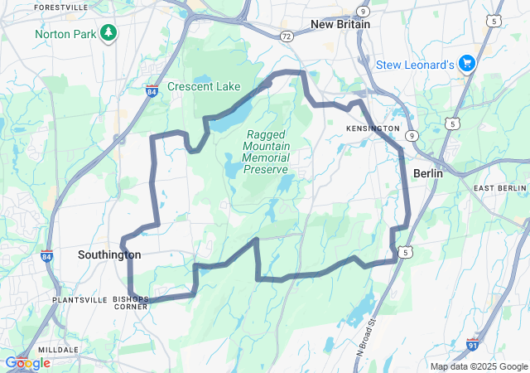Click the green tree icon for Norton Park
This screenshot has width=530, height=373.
tap(108, 33)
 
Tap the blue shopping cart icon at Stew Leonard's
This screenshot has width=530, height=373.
tap(466, 64)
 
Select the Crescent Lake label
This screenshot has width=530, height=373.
tap(204, 86)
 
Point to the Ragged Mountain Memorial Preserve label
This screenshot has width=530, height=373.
tap(266, 152)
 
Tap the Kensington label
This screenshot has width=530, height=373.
tap(373, 129)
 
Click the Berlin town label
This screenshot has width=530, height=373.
tap(429, 174)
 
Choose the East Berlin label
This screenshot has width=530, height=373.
tap(500, 189)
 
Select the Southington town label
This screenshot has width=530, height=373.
tap(109, 254)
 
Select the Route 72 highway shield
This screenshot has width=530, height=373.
tap(286, 37)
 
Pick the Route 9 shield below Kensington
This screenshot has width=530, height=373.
tap(412, 134)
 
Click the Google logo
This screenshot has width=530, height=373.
tap(27, 362)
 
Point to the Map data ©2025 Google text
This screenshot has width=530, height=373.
tap(479, 366)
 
